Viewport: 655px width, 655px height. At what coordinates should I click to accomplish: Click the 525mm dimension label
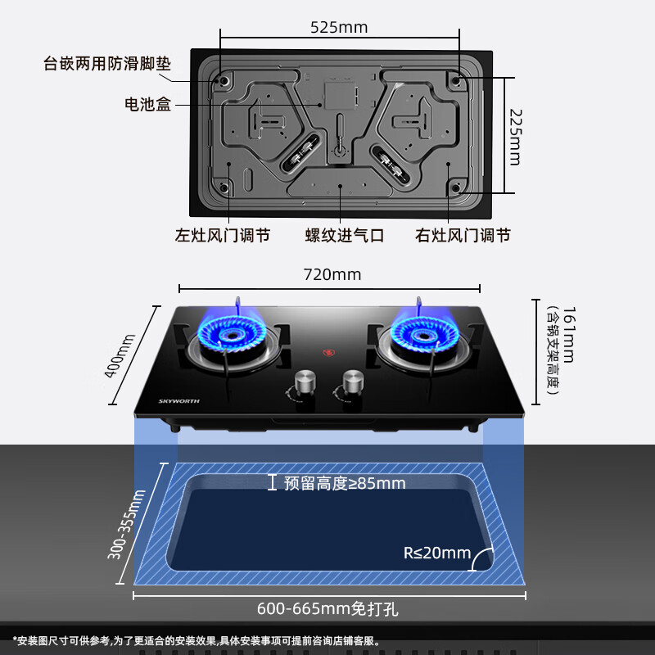click(339, 28)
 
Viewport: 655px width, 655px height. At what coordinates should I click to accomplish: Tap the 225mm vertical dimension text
click(515, 138)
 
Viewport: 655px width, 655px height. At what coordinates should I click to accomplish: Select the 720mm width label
click(332, 274)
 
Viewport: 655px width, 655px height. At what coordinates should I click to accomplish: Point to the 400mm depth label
click(120, 355)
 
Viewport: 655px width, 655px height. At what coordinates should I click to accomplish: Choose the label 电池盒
click(148, 104)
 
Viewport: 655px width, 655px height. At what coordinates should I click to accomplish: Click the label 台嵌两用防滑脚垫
click(107, 64)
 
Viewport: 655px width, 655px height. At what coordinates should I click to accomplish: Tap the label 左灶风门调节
click(223, 235)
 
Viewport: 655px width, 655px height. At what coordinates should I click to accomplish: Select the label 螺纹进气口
click(345, 235)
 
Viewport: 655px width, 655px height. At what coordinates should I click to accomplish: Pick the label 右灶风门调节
click(463, 235)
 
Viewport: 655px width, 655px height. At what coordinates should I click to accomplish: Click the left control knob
click(305, 382)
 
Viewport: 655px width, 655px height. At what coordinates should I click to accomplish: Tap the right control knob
click(353, 382)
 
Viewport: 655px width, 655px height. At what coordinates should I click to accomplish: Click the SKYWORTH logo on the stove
click(178, 401)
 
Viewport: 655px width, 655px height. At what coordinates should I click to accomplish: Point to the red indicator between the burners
click(329, 353)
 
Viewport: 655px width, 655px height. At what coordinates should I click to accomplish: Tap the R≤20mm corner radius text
click(437, 553)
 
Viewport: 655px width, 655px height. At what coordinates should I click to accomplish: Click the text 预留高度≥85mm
click(345, 483)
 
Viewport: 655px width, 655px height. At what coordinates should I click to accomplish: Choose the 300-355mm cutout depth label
click(126, 524)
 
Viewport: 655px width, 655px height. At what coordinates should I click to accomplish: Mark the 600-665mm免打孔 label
click(327, 608)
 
